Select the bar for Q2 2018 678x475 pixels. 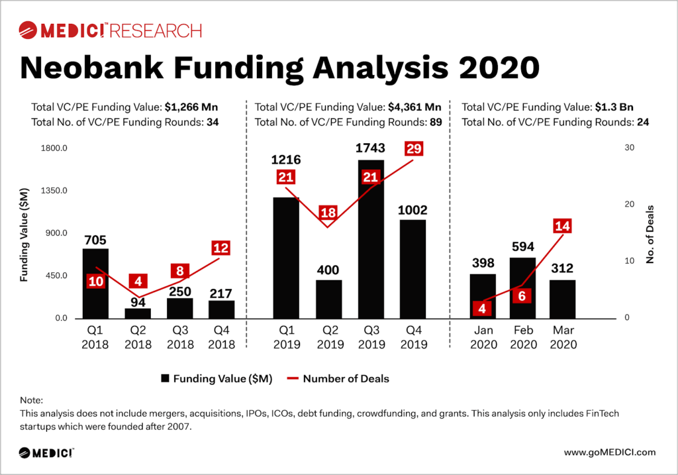(x=138, y=313)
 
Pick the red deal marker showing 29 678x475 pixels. (x=414, y=148)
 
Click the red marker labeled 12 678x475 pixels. (x=221, y=248)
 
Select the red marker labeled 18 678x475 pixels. (x=328, y=213)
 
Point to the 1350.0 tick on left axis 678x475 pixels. (x=55, y=191)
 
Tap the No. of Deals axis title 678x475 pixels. (x=650, y=233)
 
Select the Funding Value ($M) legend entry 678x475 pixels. (x=216, y=379)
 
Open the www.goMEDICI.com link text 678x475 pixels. (x=610, y=452)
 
